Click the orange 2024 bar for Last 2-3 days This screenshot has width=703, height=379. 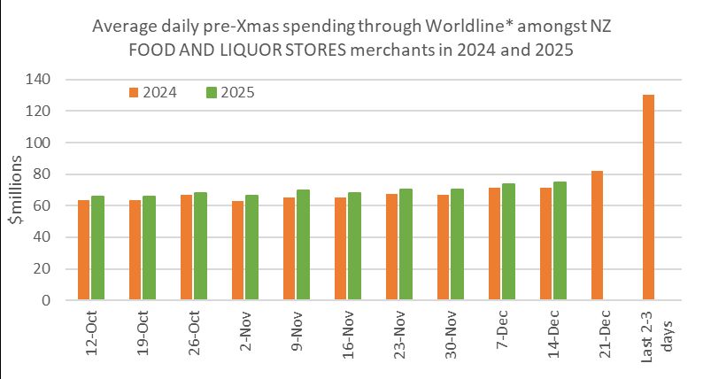pyautogui.click(x=648, y=197)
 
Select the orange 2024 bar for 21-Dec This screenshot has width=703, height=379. pyautogui.click(x=597, y=235)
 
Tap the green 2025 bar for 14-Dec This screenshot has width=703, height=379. pyautogui.click(x=560, y=240)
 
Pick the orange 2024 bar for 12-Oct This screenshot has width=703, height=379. pyautogui.click(x=84, y=250)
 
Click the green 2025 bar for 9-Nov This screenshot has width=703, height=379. pyautogui.click(x=303, y=244)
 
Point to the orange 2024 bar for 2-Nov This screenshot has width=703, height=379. pyautogui.click(x=237, y=251)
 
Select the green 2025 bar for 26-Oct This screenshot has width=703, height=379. pyautogui.click(x=200, y=246)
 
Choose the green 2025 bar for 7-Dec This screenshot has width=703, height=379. pyautogui.click(x=508, y=242)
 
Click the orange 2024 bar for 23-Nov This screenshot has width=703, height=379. pyautogui.click(x=392, y=247)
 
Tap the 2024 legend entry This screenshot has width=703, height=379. pyautogui.click(x=153, y=92)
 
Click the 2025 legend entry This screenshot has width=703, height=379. pyautogui.click(x=230, y=92)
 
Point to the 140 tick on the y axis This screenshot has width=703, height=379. pyautogui.click(x=38, y=80)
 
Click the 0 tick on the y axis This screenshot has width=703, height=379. pyautogui.click(x=46, y=300)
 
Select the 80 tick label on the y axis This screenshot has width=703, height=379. pyautogui.click(x=42, y=174)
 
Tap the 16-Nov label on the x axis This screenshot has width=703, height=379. pyautogui.click(x=348, y=335)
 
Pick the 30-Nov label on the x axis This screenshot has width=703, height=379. pyautogui.click(x=451, y=335)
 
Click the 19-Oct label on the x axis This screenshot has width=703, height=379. pyautogui.click(x=143, y=333)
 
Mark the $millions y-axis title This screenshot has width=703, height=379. pyautogui.click(x=17, y=189)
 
